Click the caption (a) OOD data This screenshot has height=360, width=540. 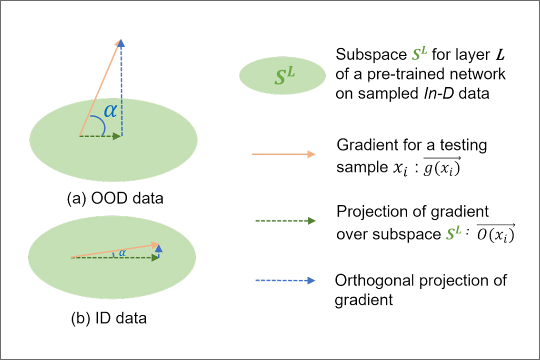point(115,198)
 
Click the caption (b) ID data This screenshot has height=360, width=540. point(107,318)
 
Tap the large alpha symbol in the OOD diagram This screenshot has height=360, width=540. point(110,110)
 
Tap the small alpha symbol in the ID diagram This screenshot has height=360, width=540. point(122,253)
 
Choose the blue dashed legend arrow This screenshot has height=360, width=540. point(285,281)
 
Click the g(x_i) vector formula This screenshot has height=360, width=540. point(441,168)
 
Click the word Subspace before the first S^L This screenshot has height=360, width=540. point(360,54)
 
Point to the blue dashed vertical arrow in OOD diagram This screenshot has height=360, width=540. point(121,90)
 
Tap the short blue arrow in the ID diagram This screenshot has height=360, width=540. point(158,251)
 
